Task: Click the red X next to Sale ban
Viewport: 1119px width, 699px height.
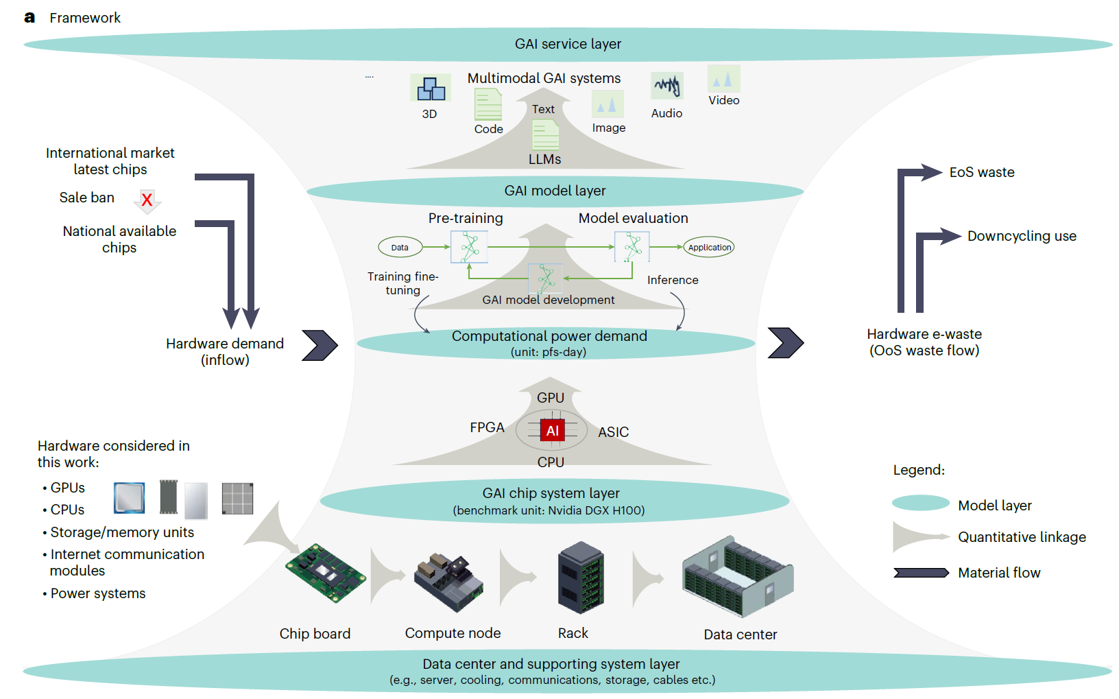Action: [x=147, y=200]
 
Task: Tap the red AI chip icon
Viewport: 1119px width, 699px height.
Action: [x=552, y=431]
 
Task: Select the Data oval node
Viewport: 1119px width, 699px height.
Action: [x=400, y=247]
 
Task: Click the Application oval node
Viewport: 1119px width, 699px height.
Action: [x=709, y=247]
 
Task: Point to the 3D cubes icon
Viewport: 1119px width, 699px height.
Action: [x=431, y=89]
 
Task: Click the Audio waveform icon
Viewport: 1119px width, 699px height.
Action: [x=666, y=86]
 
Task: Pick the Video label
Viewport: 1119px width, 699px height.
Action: [x=723, y=100]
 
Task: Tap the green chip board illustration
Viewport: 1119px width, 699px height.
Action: [x=325, y=573]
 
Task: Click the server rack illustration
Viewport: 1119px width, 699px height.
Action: [x=581, y=578]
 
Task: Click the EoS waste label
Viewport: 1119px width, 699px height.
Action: [x=981, y=172]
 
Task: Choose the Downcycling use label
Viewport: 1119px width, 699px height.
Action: [x=1021, y=236]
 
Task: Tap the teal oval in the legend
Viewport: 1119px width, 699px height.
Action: [x=920, y=503]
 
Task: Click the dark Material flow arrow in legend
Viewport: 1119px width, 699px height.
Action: [x=920, y=573]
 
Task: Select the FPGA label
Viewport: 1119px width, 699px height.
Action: [x=487, y=427]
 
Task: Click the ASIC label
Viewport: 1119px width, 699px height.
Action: [x=613, y=432]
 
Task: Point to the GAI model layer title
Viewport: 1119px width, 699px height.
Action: [x=555, y=191]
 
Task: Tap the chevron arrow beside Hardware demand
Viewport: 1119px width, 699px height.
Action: [x=320, y=345]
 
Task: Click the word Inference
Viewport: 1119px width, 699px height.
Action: [x=673, y=280]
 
